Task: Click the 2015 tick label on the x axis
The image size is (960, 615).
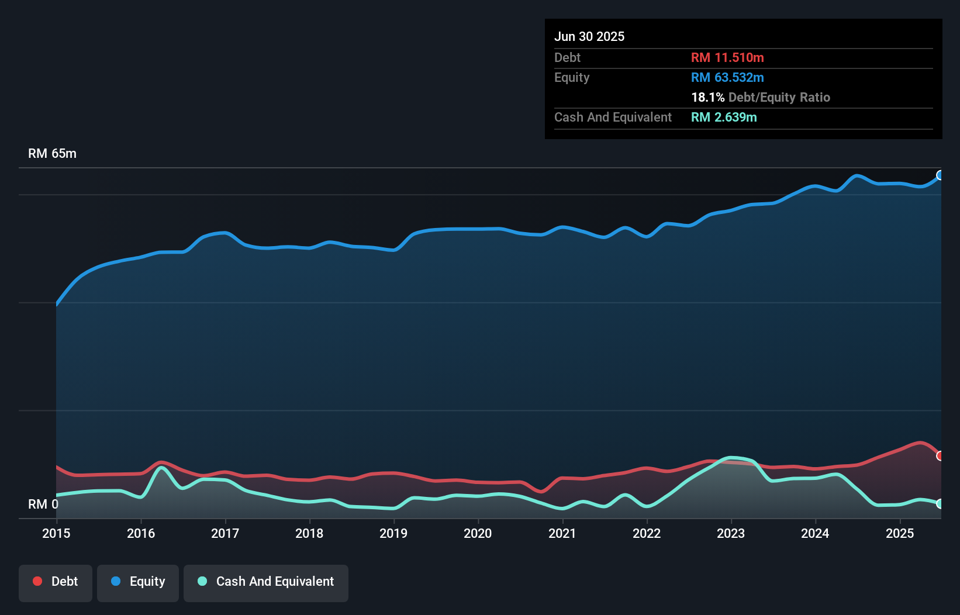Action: (56, 533)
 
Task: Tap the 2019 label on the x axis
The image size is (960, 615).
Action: (393, 533)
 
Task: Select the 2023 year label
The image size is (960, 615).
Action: (731, 533)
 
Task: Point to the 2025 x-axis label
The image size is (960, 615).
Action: (900, 533)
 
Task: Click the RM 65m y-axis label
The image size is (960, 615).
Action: (52, 153)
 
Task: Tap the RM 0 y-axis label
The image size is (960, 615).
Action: (43, 504)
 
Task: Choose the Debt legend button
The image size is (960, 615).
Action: (56, 581)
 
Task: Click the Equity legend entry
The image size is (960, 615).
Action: (138, 581)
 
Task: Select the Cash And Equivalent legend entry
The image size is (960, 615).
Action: (266, 581)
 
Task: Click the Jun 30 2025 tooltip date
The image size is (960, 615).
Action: (589, 36)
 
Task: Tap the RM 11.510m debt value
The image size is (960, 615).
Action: (727, 57)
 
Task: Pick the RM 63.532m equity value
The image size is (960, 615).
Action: (727, 77)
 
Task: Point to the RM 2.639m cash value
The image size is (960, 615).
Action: (724, 117)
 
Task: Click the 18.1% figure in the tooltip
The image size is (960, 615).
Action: (707, 97)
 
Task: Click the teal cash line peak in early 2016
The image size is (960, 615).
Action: (161, 468)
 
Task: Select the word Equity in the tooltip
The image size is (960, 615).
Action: (572, 77)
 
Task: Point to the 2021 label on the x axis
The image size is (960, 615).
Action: (562, 533)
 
